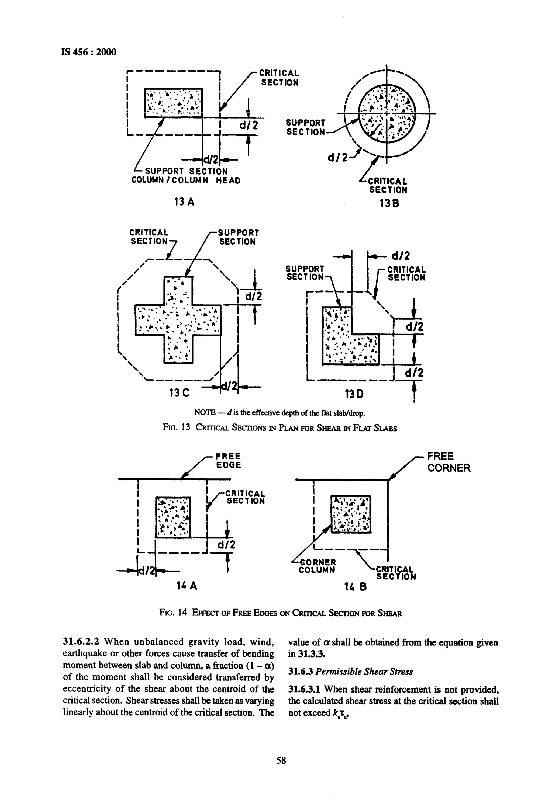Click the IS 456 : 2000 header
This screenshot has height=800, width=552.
pyautogui.click(x=89, y=52)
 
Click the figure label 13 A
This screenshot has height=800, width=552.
pyautogui.click(x=184, y=202)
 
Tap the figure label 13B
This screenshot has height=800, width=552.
pyautogui.click(x=389, y=204)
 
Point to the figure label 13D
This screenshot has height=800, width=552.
pyautogui.click(x=354, y=394)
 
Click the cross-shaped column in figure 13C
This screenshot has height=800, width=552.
pyautogui.click(x=178, y=320)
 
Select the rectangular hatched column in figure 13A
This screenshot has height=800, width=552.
pyautogui.click(x=173, y=103)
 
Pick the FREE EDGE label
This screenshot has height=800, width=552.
pyautogui.click(x=228, y=460)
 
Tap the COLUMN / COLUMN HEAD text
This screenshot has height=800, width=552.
pyautogui.click(x=186, y=180)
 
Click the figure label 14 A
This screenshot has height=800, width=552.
pyautogui.click(x=187, y=585)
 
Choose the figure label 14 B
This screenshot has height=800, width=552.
pyautogui.click(x=355, y=586)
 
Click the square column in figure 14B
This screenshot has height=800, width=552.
pyautogui.click(x=351, y=514)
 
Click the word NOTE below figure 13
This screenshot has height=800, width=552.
pyautogui.click(x=205, y=413)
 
